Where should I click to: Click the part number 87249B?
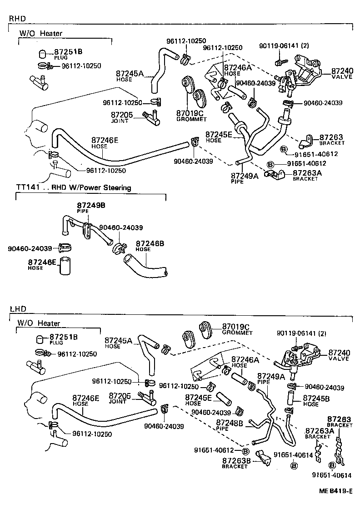[x=91, y=206]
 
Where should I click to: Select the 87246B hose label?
[x=150, y=243]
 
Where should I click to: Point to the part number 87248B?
[x=230, y=423]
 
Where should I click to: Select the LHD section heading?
[x=18, y=309]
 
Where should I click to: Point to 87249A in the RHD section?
[x=245, y=176]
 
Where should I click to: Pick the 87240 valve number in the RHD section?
[x=342, y=71]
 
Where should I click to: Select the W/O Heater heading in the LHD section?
[x=39, y=323]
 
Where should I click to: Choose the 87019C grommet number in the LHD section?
[x=236, y=327]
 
